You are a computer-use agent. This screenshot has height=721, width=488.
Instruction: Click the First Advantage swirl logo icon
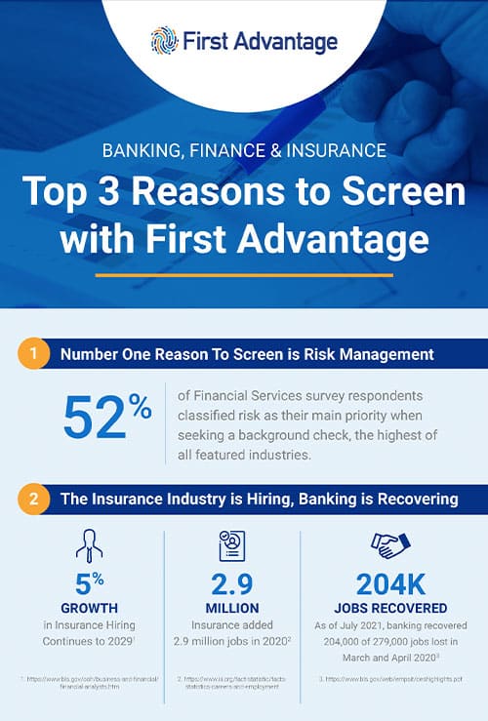pos(164,41)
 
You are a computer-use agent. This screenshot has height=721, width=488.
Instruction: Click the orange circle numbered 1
pos(33,354)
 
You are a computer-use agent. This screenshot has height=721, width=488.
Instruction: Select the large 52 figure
pos(96,418)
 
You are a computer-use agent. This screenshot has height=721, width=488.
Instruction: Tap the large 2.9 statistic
pos(233,585)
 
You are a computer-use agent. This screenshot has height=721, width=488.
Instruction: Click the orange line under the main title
pos(244,274)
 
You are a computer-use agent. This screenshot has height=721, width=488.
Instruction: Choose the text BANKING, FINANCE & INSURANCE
pos(244,150)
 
